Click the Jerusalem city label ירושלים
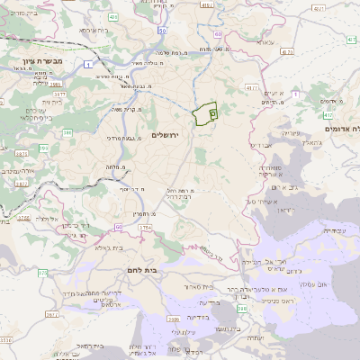point(166,134)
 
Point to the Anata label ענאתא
point(264,42)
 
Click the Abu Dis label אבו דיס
point(259,145)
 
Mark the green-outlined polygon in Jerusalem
point(204,115)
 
